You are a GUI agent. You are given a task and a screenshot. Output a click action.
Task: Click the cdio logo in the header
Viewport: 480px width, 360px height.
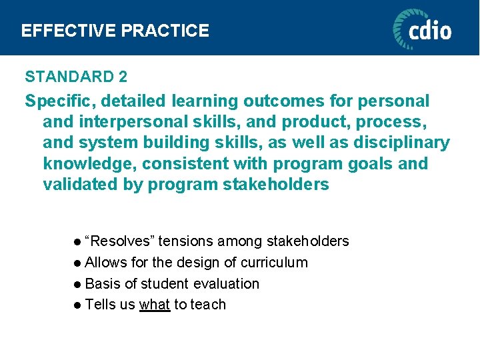(421, 29)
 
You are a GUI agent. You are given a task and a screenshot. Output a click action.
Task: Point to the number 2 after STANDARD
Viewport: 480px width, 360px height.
(123, 77)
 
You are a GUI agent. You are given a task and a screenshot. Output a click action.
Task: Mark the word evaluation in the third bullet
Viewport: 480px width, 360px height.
(226, 284)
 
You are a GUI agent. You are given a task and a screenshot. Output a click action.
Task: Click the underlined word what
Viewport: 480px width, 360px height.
(155, 305)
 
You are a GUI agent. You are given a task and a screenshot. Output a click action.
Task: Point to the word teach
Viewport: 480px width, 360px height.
(209, 305)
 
